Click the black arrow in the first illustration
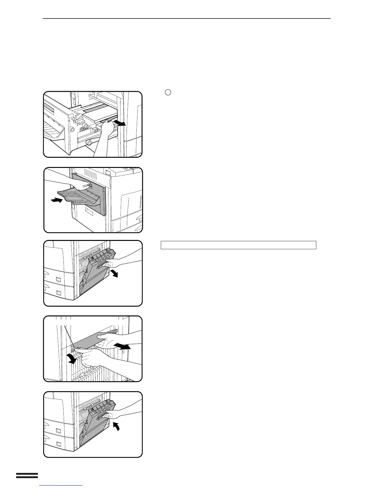[120, 123]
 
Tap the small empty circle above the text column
[168, 92]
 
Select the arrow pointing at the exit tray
[57, 201]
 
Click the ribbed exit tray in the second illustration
[78, 197]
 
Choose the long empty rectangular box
[238, 245]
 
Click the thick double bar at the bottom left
[27, 476]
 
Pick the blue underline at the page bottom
[61, 485]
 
